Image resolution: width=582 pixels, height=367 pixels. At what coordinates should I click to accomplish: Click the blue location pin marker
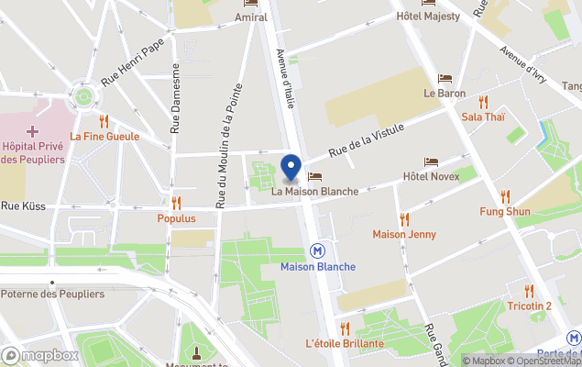coord(291,168)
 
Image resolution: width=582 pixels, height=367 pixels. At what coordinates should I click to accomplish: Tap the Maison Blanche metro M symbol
coord(317,250)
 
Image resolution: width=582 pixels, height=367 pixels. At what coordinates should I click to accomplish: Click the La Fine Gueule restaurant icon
coord(104,120)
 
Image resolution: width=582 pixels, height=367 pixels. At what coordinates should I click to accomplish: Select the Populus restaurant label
coord(176,218)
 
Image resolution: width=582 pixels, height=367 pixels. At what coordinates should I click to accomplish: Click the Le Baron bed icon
coord(445,79)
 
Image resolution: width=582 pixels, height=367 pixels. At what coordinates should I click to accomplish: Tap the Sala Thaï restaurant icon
coord(483,102)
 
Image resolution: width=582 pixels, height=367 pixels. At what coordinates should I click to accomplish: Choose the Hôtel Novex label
coord(431,176)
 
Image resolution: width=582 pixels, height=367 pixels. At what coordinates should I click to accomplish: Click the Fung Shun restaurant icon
coord(505,196)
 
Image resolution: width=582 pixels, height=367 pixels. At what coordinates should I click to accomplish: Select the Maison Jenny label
coord(404,234)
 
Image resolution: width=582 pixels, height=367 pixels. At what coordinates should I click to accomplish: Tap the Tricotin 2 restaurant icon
coord(530,291)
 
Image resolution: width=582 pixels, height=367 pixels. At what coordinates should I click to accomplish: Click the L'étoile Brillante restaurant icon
coord(345,328)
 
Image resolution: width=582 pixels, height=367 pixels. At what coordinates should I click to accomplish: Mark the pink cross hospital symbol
coord(33,131)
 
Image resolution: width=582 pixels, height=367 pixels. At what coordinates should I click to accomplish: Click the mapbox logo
coord(40,355)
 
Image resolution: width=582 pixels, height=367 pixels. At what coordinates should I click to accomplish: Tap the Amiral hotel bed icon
coord(250,4)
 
